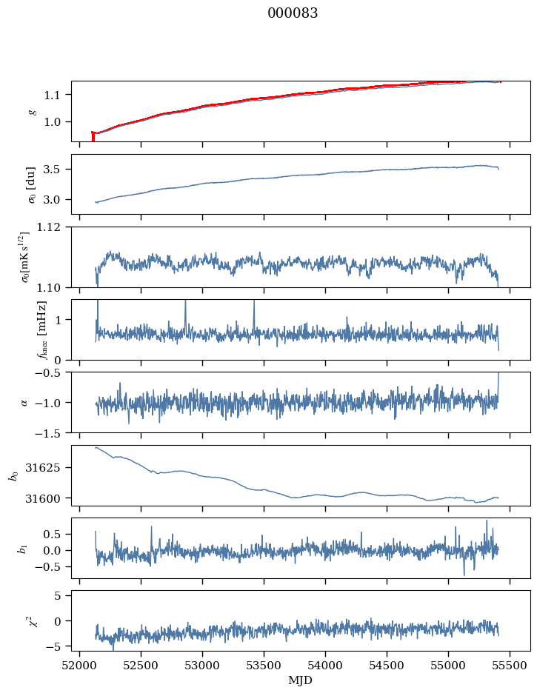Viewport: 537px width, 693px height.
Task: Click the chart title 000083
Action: tap(293, 13)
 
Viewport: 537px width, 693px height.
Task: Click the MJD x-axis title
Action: tap(300, 680)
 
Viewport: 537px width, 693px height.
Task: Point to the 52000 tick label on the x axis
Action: tap(79, 666)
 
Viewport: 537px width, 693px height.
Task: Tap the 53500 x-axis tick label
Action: tap(264, 666)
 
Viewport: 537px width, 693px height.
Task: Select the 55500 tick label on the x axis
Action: tap(510, 666)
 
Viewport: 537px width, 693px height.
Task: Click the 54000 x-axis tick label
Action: tap(325, 666)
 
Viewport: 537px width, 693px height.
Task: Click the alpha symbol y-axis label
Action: tap(24, 403)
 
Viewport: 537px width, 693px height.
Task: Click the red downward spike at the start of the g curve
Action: tap(93, 136)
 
